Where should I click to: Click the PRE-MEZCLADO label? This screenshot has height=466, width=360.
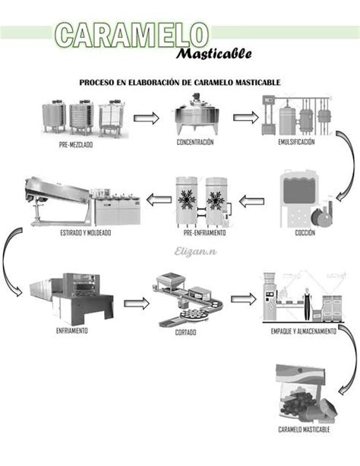(x=76, y=145)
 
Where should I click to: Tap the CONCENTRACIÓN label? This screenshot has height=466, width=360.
(x=195, y=142)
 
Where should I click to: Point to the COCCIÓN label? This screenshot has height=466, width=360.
(x=305, y=234)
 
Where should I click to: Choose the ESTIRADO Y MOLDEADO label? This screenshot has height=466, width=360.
(x=85, y=233)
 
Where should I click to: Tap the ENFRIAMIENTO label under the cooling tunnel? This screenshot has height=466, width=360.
(x=71, y=331)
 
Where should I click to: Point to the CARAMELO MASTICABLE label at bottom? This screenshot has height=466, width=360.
(x=304, y=430)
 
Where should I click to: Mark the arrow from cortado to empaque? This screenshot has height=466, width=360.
(x=243, y=298)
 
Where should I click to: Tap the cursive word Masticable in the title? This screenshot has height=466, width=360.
(x=215, y=54)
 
